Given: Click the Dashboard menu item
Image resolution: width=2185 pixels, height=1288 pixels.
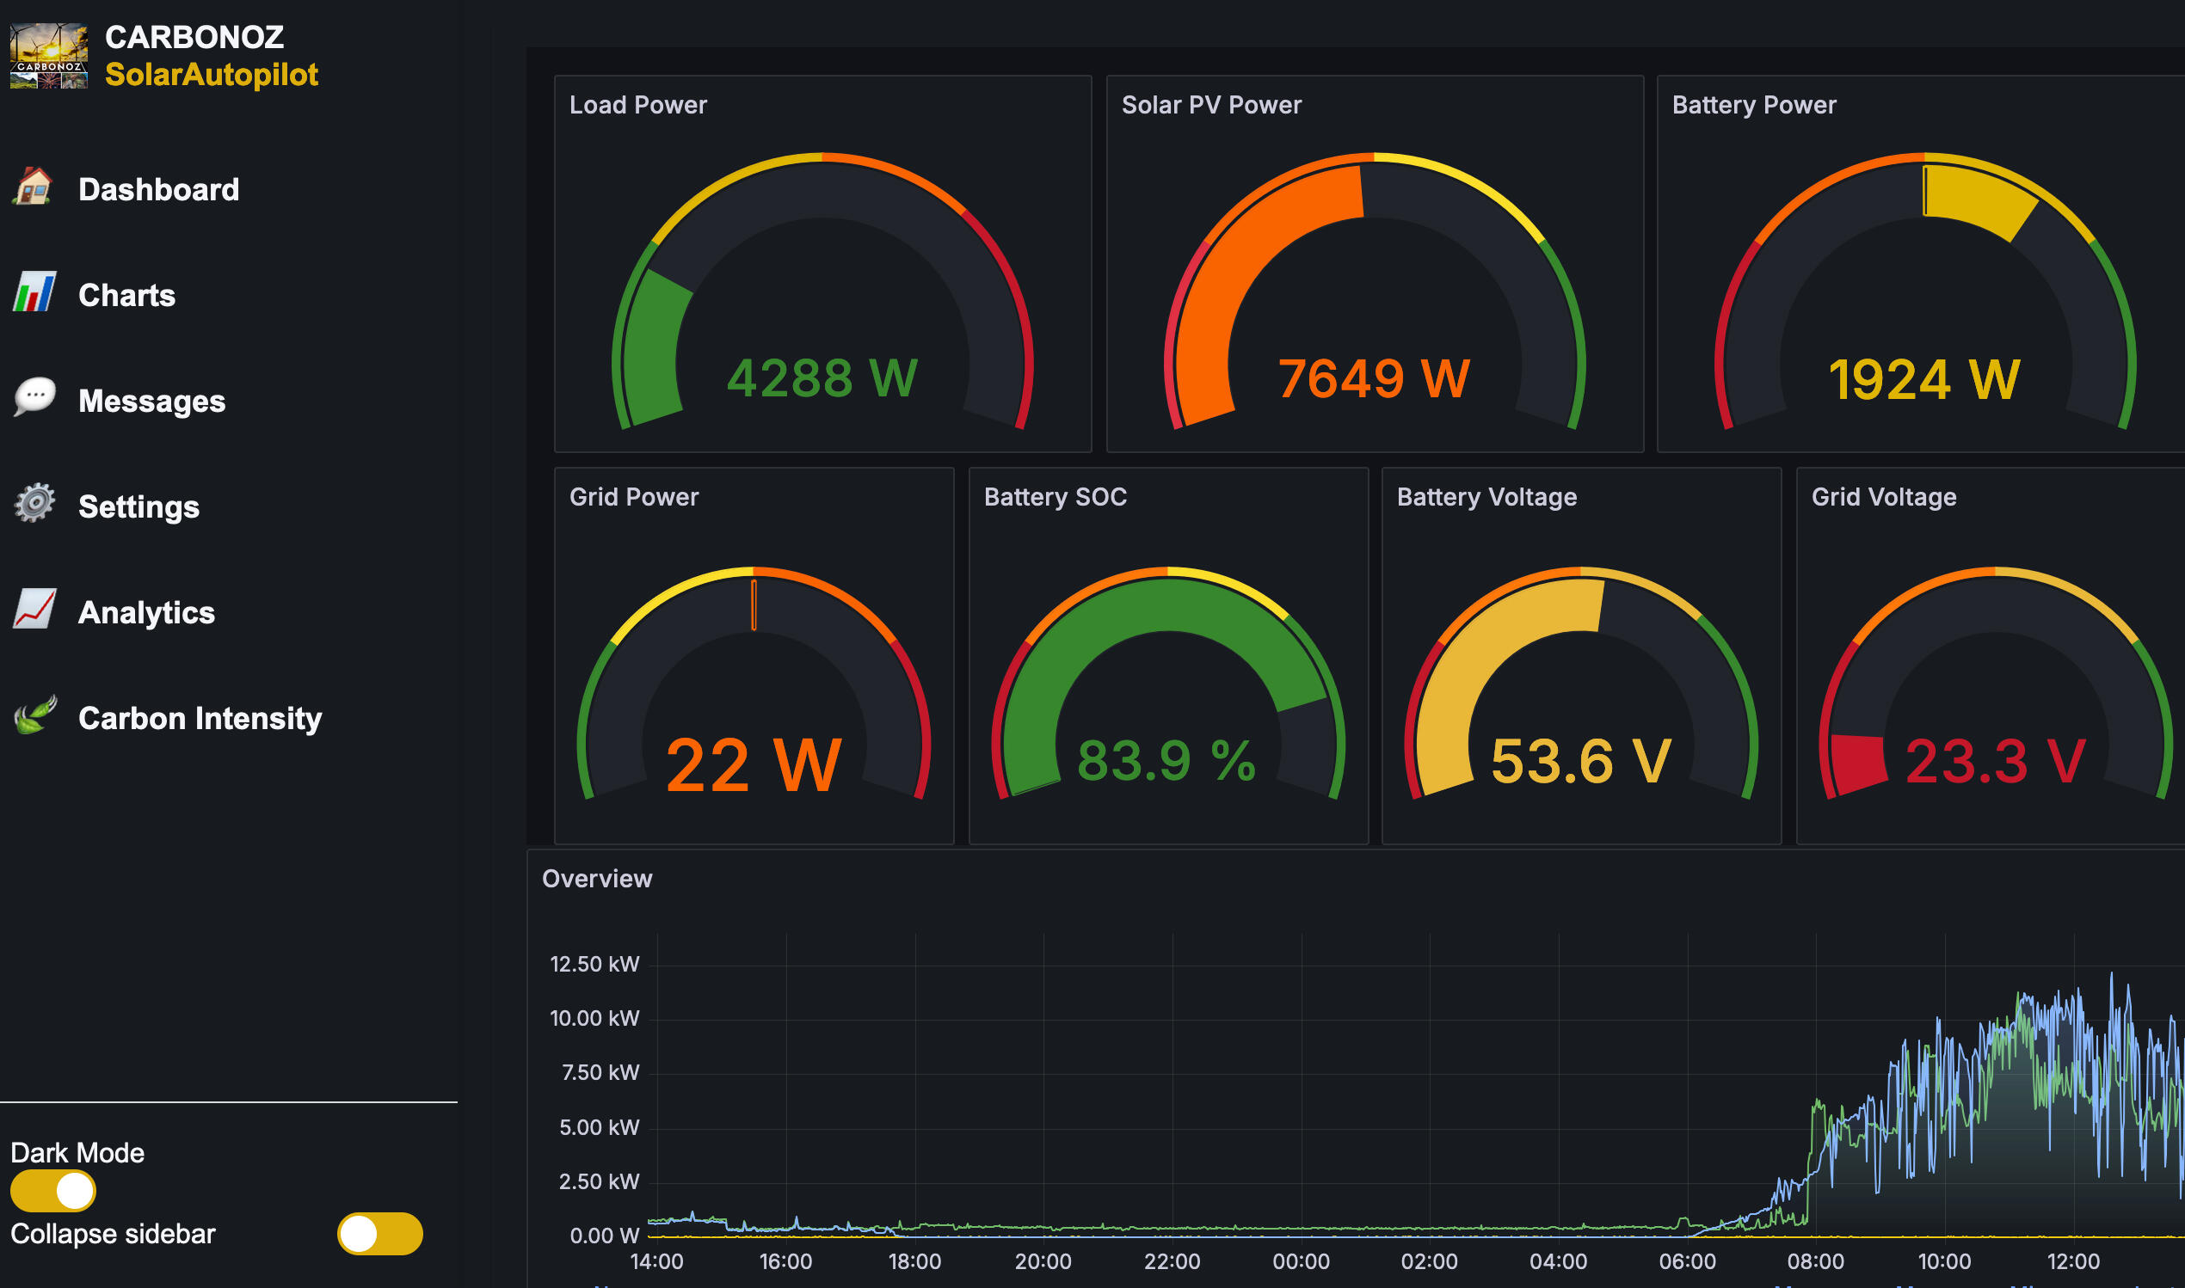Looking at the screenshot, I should pyautogui.click(x=158, y=189).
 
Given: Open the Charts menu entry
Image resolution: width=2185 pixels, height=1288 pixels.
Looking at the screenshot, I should pyautogui.click(x=126, y=295).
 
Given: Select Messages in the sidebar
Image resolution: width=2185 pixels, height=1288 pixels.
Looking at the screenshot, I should pyautogui.click(x=151, y=401).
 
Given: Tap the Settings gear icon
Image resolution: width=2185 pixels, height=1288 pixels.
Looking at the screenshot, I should pyautogui.click(x=34, y=503).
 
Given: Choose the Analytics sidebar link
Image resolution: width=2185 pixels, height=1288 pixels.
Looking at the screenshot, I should pyautogui.click(x=146, y=613).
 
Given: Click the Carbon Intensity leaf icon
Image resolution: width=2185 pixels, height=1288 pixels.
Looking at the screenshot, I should pyautogui.click(x=34, y=715).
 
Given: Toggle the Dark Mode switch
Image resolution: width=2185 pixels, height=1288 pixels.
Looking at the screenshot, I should pyautogui.click(x=53, y=1191).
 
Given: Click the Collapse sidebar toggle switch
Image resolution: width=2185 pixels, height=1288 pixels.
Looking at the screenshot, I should pyautogui.click(x=379, y=1233).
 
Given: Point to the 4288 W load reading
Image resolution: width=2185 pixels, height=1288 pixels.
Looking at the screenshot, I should pyautogui.click(x=822, y=377).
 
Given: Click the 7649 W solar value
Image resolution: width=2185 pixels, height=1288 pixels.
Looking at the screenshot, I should pyautogui.click(x=1374, y=378).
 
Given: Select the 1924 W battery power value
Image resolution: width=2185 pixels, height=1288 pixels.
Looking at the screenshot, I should pyautogui.click(x=1923, y=379).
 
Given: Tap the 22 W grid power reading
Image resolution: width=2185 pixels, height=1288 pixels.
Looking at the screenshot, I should pyautogui.click(x=754, y=764).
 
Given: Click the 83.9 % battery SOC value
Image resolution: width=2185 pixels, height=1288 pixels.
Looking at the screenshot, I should pyautogui.click(x=1166, y=761).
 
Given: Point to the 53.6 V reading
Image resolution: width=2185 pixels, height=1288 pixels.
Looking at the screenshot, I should pyautogui.click(x=1581, y=761).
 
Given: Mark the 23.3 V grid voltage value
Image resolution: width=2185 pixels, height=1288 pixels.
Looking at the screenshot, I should pyautogui.click(x=1995, y=761).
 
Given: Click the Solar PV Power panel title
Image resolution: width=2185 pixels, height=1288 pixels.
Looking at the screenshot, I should pyautogui.click(x=1211, y=105).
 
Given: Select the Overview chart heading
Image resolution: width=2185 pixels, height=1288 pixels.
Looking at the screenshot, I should pyautogui.click(x=596, y=879).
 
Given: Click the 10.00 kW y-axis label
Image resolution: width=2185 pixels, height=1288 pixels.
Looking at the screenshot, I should pyautogui.click(x=594, y=1018).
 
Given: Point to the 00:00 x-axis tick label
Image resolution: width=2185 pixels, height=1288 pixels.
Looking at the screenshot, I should pyautogui.click(x=1301, y=1261).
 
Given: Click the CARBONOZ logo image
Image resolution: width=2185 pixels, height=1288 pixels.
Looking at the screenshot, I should pyautogui.click(x=49, y=56).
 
